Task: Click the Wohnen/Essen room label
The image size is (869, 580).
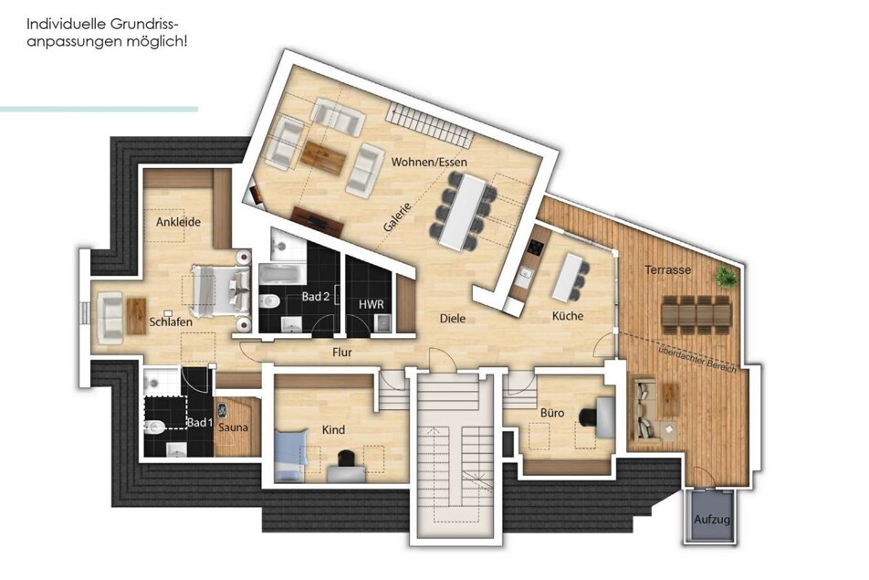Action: pos(429,162)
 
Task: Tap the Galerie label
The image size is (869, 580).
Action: pos(397,216)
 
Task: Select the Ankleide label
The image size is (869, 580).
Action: pos(178,222)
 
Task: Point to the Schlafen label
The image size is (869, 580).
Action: pos(171,322)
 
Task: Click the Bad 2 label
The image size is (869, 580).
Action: pos(315,297)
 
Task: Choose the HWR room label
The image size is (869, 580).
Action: pos(371,304)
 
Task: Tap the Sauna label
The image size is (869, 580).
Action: pos(233,427)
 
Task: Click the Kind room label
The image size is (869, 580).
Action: pos(333,429)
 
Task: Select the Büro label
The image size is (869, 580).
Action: pos(552,413)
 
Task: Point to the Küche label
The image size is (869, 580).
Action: pos(568,315)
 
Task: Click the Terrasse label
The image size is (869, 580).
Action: pos(668,270)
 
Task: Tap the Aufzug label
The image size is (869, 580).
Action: pos(712,520)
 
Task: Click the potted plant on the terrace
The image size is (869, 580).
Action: pos(726,276)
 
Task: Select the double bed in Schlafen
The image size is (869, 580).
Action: pos(220,291)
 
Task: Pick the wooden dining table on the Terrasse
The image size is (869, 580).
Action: pos(696,315)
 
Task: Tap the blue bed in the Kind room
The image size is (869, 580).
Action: pos(290,455)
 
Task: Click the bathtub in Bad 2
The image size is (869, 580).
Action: pos(283,274)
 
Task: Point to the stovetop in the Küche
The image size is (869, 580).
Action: pos(535,247)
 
